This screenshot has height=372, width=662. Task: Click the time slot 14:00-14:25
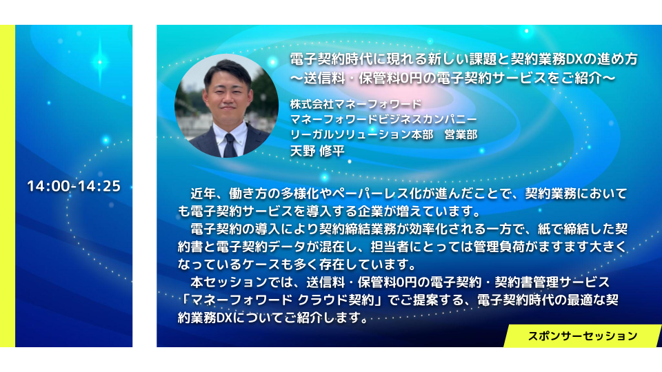pyautogui.click(x=74, y=186)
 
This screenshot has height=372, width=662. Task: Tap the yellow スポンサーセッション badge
pyautogui.click(x=583, y=335)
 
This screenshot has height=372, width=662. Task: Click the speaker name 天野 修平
pyautogui.click(x=317, y=151)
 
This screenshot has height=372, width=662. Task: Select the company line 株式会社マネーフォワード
pyautogui.click(x=356, y=104)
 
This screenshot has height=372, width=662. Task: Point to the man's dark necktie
pyautogui.click(x=230, y=145)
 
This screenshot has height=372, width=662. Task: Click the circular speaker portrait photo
pyautogui.click(x=226, y=106)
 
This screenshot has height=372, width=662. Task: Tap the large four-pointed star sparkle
pyautogui.click(x=100, y=62)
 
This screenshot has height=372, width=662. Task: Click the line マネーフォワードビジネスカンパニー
pyautogui.click(x=383, y=119)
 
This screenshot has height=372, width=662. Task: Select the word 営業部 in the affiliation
pyautogui.click(x=461, y=135)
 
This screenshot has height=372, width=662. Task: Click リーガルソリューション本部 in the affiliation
pyautogui.click(x=361, y=135)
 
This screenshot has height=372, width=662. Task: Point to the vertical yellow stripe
pyautogui.click(x=8, y=186)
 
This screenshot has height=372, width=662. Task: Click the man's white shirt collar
pyautogui.click(x=231, y=132)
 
